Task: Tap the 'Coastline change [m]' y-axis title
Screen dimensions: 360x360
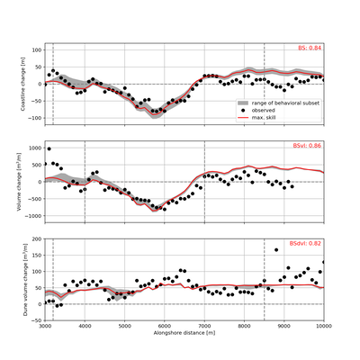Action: pyautogui.click(x=13, y=83)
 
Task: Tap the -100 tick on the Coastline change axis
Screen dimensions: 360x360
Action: pyautogui.click(x=33, y=117)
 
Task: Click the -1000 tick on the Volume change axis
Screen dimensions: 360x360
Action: pyautogui.click(x=31, y=216)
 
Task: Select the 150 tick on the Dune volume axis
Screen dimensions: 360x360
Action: pyautogui.click(x=36, y=256)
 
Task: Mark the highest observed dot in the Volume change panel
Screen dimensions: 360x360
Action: pyautogui.click(x=49, y=148)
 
